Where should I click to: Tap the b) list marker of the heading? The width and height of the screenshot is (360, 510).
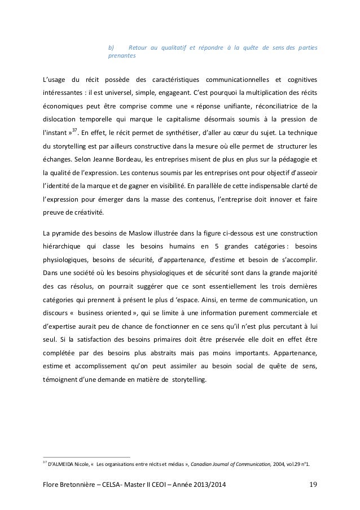click(x=111, y=47)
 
